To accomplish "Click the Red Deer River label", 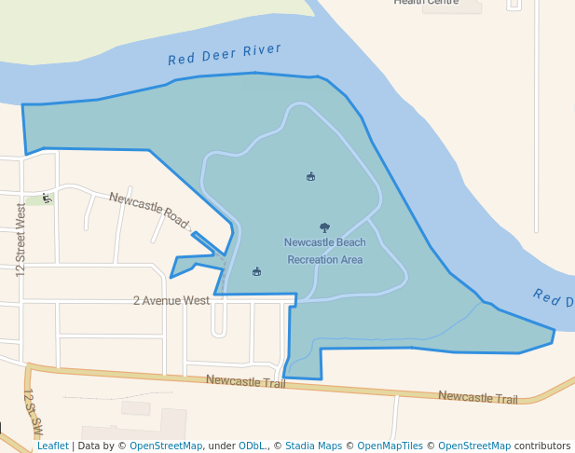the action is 224,55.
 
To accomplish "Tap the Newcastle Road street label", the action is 149,211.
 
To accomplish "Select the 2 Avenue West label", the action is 171,301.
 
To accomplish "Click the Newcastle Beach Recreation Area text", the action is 324,251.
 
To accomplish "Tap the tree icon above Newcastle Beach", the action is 324,226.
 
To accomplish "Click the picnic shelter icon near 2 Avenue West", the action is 256,271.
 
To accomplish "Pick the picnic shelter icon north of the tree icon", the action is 310,176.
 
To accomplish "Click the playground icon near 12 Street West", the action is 47,198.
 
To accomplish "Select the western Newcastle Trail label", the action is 245,380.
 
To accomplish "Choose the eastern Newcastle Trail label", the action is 477,398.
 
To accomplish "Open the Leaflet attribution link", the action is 52,446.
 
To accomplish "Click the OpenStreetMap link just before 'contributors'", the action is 474,446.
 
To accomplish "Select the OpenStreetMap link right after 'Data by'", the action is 166,446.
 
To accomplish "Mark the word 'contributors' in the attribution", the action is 542,446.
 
